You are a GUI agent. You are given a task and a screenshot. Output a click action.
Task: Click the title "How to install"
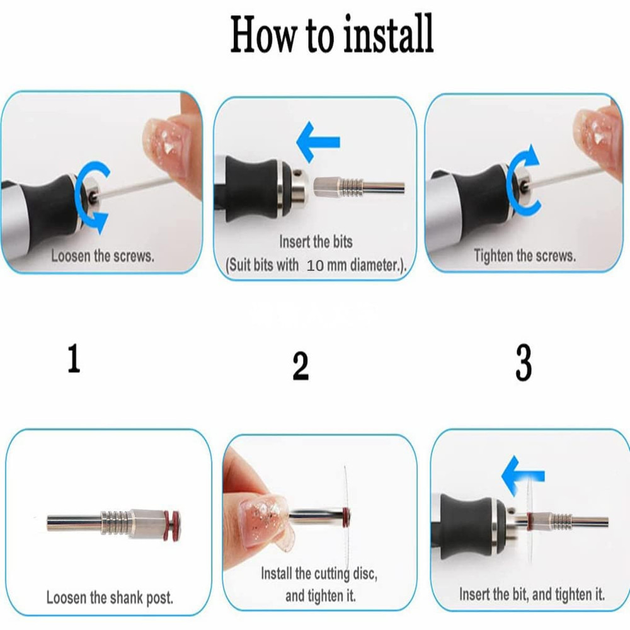(x=332, y=34)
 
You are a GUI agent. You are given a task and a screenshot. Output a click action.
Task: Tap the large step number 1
(x=74, y=358)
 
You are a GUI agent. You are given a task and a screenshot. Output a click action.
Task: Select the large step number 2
(x=301, y=365)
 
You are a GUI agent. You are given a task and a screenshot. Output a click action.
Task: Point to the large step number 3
(x=524, y=362)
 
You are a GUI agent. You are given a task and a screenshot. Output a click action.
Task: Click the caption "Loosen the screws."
(x=103, y=256)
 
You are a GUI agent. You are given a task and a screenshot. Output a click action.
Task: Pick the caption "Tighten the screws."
(x=524, y=256)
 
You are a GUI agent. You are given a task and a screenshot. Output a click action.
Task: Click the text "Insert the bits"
(x=316, y=241)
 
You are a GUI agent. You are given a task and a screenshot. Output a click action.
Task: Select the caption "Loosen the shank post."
(x=110, y=597)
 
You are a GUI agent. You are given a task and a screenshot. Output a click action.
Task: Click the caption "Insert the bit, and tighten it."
(x=532, y=594)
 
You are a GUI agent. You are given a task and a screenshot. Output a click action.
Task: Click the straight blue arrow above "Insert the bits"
(x=318, y=142)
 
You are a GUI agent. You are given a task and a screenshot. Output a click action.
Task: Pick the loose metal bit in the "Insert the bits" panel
(x=359, y=188)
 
